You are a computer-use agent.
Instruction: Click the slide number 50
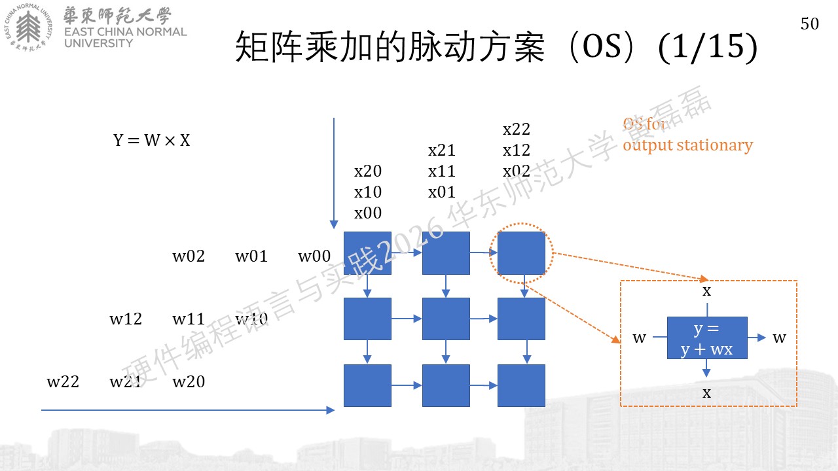click(810, 24)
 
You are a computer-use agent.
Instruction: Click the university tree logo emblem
click(28, 27)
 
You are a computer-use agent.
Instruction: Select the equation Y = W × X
click(151, 140)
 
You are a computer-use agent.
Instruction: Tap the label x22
click(517, 129)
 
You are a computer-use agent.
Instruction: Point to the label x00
click(368, 213)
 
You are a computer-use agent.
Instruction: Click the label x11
click(442, 171)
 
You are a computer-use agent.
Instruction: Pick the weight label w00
click(314, 256)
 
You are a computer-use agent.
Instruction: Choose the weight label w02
click(189, 256)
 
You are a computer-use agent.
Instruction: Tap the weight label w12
click(126, 319)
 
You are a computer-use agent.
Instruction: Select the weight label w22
click(63, 381)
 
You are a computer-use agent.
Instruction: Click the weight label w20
click(189, 381)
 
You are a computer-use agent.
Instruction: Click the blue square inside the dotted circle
click(521, 253)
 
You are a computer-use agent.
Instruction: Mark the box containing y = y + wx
click(707, 338)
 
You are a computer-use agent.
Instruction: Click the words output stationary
click(687, 145)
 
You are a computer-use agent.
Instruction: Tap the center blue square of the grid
click(446, 319)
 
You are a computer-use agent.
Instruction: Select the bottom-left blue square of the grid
click(367, 385)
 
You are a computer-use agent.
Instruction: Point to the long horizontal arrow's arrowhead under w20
click(331, 410)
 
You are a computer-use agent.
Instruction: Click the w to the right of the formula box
click(779, 338)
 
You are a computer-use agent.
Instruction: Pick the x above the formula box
click(706, 291)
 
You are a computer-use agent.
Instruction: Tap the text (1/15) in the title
click(708, 46)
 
